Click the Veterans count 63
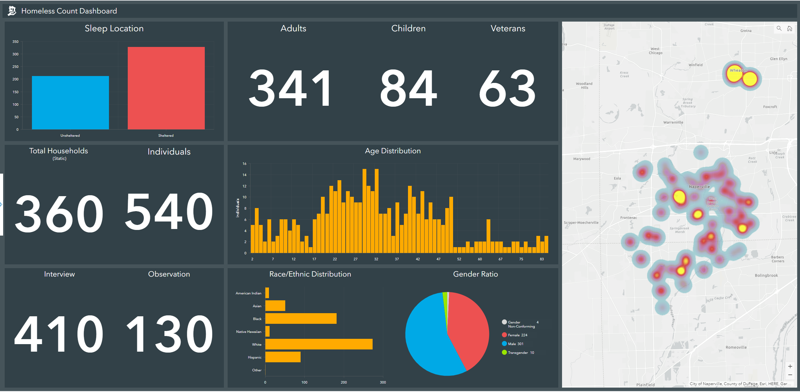(507, 89)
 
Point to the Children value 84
(408, 89)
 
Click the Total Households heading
(59, 151)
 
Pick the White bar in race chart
(319, 344)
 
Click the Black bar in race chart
(301, 318)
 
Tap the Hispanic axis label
(255, 357)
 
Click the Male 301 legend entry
(515, 344)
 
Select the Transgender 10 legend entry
(520, 353)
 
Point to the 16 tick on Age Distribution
(245, 164)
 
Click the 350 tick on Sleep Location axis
(15, 42)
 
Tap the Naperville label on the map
(699, 187)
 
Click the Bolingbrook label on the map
(766, 275)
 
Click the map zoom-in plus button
(790, 366)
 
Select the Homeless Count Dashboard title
(69, 11)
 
